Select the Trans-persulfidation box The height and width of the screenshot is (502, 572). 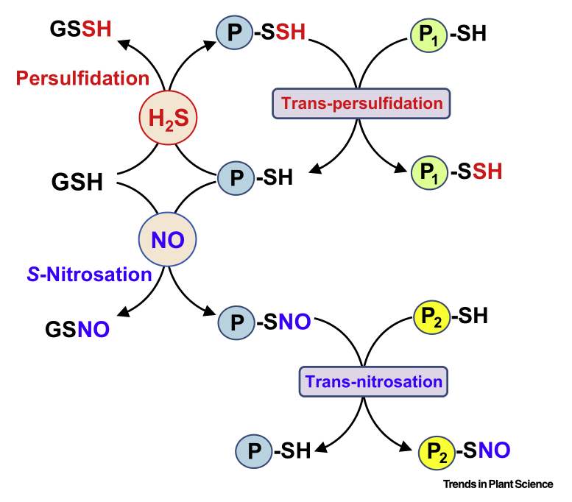coord(361,104)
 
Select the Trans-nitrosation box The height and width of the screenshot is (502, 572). coord(373,382)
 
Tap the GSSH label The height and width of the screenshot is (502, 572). coord(82,29)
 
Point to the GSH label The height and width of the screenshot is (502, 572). coord(77,182)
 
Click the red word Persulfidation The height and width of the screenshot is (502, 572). coord(82,78)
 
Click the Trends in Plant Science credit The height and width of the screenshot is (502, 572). coord(498,484)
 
